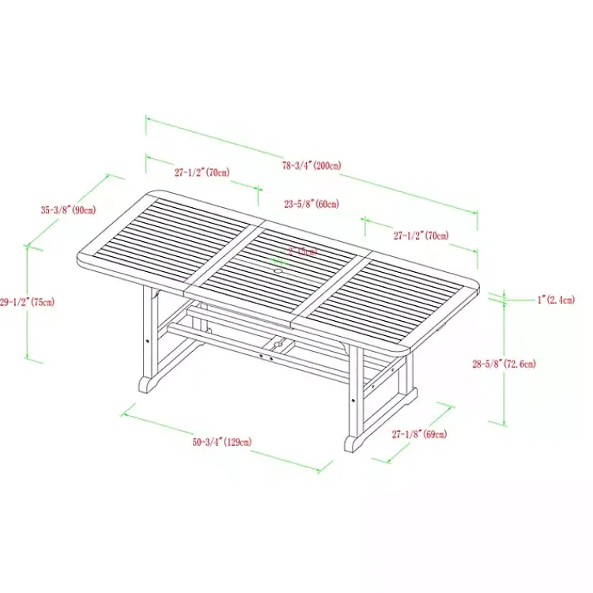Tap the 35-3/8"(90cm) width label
click(x=68, y=210)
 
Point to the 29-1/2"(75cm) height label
click(x=27, y=301)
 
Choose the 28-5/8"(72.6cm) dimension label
click(x=504, y=364)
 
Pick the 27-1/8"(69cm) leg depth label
click(x=419, y=434)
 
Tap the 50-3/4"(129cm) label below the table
click(x=222, y=442)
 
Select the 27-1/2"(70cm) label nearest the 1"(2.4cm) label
click(x=421, y=235)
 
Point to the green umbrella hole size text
click(x=302, y=251)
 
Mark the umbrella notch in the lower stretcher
click(x=278, y=345)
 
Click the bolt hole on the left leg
click(x=148, y=341)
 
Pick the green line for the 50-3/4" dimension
click(x=221, y=441)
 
